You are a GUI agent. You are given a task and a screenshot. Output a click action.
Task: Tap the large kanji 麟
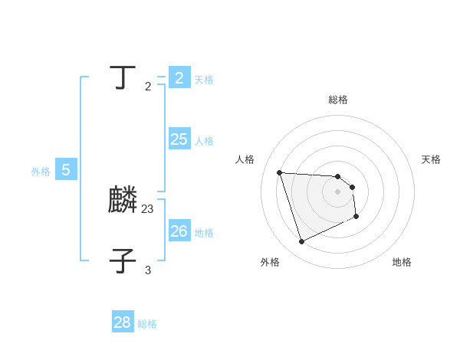coord(123,201)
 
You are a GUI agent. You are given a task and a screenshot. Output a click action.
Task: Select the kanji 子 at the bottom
coord(123,260)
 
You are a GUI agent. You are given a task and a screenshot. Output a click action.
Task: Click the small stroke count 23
coord(148,208)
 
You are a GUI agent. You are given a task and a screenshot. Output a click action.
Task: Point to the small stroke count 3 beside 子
coord(148,270)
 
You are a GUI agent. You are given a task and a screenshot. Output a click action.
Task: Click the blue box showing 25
coord(179,139)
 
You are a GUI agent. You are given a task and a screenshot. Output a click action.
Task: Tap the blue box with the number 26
coord(179,231)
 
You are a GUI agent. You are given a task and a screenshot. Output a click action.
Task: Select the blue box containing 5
coord(66,170)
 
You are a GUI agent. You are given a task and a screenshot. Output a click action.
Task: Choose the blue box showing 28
coord(123,322)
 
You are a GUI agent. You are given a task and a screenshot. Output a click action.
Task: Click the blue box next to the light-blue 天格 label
coord(179,78)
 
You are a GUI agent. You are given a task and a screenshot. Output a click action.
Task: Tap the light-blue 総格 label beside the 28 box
coord(147,324)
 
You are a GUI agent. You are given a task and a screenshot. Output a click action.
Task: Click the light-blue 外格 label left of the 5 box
coord(41,172)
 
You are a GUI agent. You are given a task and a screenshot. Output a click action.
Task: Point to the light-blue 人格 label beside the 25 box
coord(204,141)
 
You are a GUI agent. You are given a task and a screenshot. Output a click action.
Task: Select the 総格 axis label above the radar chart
coord(338,100)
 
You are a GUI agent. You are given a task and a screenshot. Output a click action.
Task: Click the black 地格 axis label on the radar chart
coord(402,262)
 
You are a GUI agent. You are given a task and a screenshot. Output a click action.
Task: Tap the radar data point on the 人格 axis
coord(280,172)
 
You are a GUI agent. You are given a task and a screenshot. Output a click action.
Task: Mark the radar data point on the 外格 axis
coord(301,242)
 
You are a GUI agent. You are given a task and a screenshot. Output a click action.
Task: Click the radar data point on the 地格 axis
coord(356,217)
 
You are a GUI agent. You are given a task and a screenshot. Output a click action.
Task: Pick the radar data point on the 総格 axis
coord(338,176)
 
